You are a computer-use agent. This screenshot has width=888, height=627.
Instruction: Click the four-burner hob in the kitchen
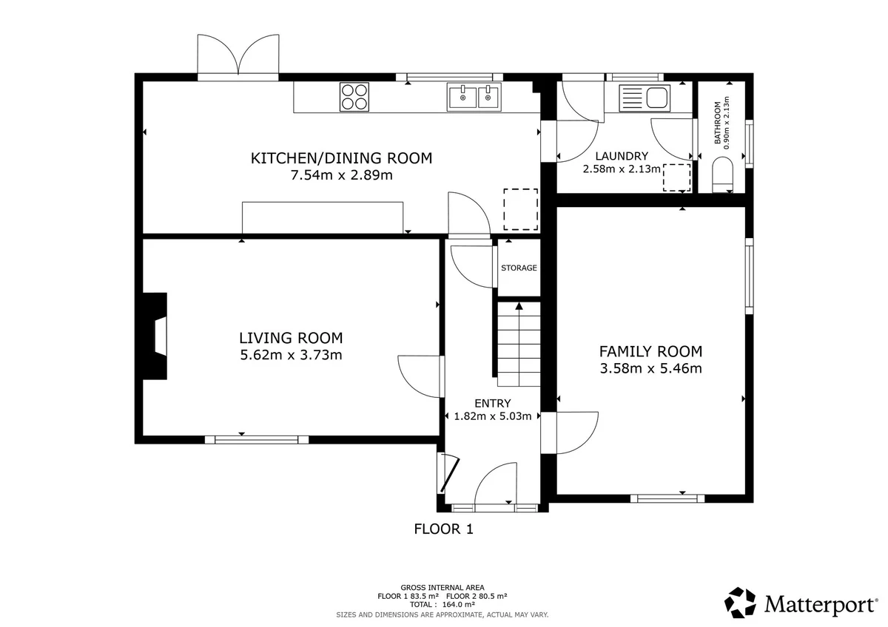354,97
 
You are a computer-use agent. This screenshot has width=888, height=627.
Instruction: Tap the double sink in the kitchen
474,97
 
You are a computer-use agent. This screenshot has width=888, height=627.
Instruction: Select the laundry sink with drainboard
645,98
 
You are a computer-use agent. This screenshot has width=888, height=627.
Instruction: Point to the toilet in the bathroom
722,174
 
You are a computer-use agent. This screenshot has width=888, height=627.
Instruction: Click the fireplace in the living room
155,336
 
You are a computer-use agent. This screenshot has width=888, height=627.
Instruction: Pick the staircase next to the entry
519,345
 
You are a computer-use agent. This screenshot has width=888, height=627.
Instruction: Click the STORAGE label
519,268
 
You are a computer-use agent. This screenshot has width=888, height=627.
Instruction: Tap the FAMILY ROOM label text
650,351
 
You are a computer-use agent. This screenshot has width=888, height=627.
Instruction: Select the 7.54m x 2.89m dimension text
341,175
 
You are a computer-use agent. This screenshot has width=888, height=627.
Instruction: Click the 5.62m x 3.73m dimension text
291,355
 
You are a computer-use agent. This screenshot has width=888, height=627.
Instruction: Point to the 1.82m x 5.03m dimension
492,416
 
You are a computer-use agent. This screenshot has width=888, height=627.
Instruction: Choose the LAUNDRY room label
622,156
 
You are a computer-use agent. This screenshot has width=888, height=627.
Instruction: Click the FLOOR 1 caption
443,529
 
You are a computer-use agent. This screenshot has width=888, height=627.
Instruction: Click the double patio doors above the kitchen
238,58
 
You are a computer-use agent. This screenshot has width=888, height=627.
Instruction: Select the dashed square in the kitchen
520,209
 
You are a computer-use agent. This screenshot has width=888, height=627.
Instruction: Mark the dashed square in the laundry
676,177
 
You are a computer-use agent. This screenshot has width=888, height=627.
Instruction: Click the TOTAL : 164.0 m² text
442,604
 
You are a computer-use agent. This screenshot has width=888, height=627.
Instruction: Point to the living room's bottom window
257,439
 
